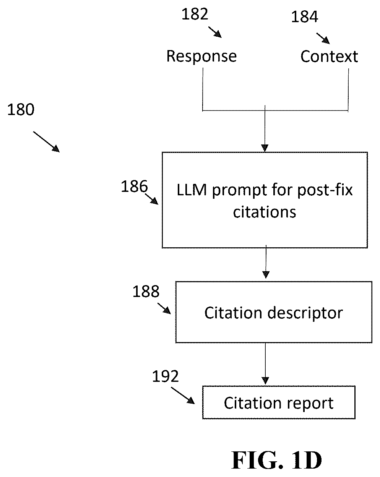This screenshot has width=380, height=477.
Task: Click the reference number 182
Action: point(195,14)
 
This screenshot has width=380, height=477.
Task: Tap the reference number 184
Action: point(304,17)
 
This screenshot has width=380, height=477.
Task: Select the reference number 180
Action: point(21,109)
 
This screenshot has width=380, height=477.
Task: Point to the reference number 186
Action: point(134,186)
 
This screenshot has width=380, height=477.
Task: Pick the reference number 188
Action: point(146,291)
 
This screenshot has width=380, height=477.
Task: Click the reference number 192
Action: point(166,376)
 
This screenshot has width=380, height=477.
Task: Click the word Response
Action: point(201,56)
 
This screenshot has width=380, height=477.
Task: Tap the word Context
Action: point(329,56)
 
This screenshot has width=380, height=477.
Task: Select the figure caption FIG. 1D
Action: point(276,460)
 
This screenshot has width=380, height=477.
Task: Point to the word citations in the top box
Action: point(265,212)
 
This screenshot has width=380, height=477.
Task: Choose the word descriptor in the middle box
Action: point(305,314)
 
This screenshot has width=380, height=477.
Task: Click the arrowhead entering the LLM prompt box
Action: point(265,148)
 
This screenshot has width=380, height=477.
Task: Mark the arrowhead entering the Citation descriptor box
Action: point(266,275)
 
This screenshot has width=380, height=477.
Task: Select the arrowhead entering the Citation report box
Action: point(265,381)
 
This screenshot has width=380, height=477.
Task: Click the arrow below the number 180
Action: point(47,142)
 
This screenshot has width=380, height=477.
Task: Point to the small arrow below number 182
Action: point(215,32)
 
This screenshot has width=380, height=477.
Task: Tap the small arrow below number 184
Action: point(323,39)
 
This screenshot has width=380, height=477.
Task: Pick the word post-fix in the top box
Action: point(325,190)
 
